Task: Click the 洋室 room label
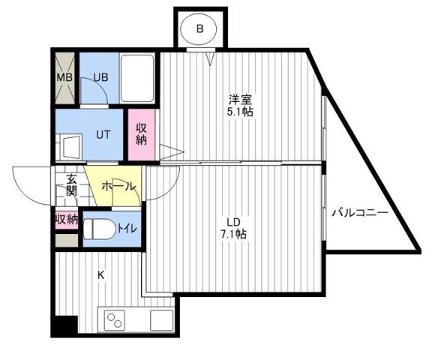241,98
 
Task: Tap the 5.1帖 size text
241,112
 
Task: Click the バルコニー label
360,213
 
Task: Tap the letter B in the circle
199,29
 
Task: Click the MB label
64,76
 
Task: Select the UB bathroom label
100,76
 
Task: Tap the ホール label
113,185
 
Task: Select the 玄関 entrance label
71,185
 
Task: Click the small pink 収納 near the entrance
66,220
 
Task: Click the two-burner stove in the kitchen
116,319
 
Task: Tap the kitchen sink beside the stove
160,319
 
